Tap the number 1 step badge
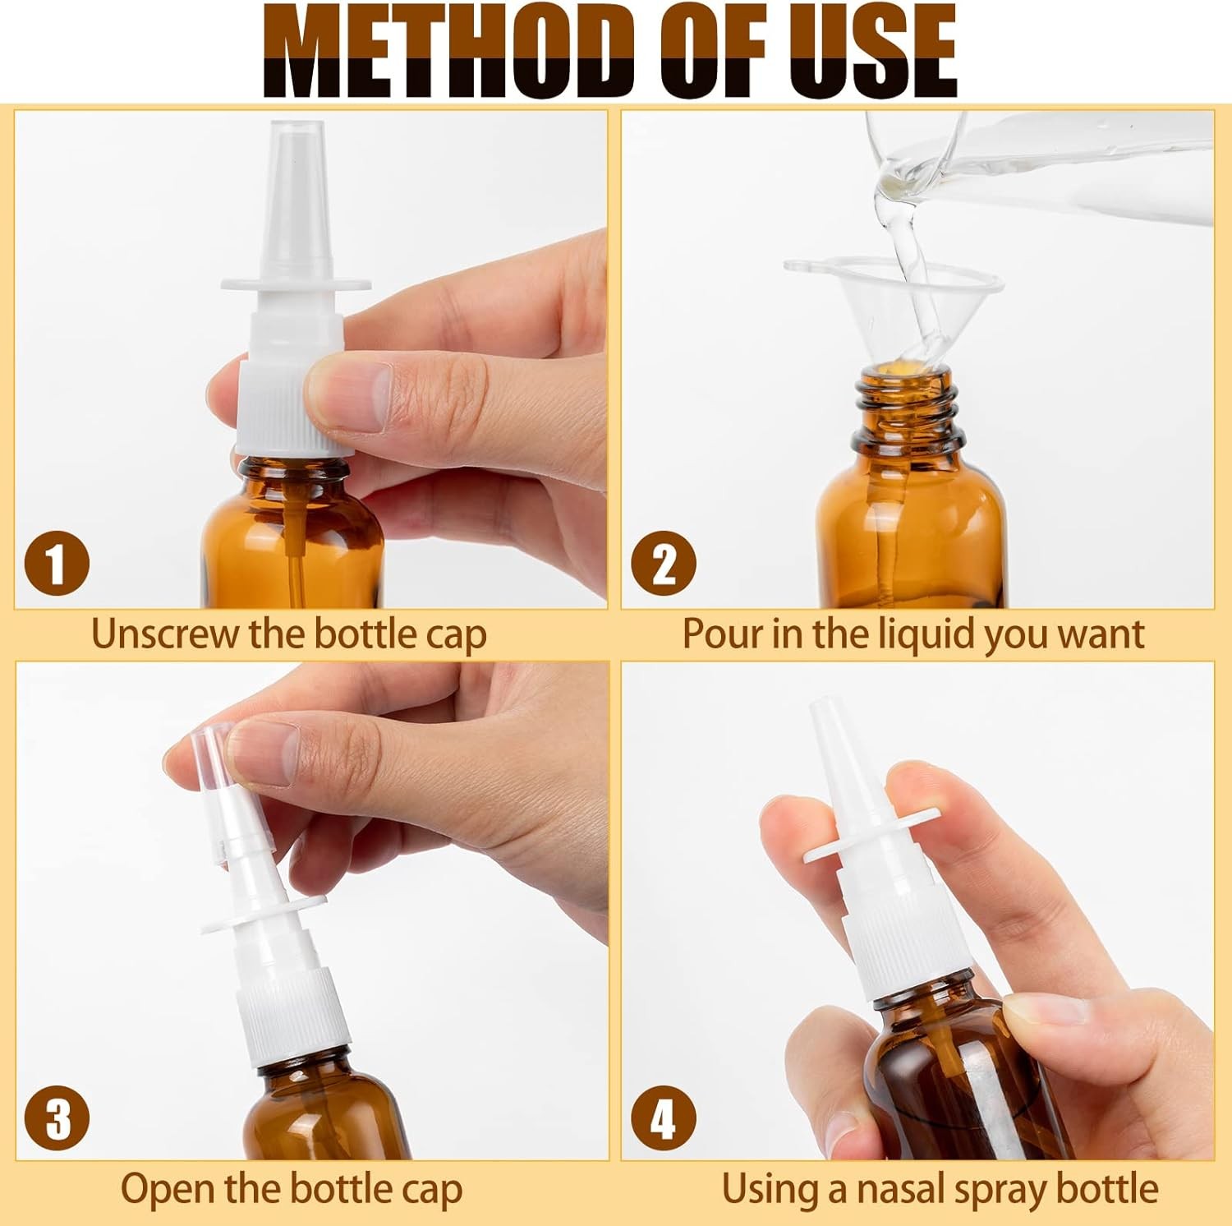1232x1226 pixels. pos(56,564)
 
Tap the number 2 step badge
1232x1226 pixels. pos(663,564)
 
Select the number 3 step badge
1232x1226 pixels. pos(56,1118)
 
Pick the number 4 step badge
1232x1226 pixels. pos(663,1118)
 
